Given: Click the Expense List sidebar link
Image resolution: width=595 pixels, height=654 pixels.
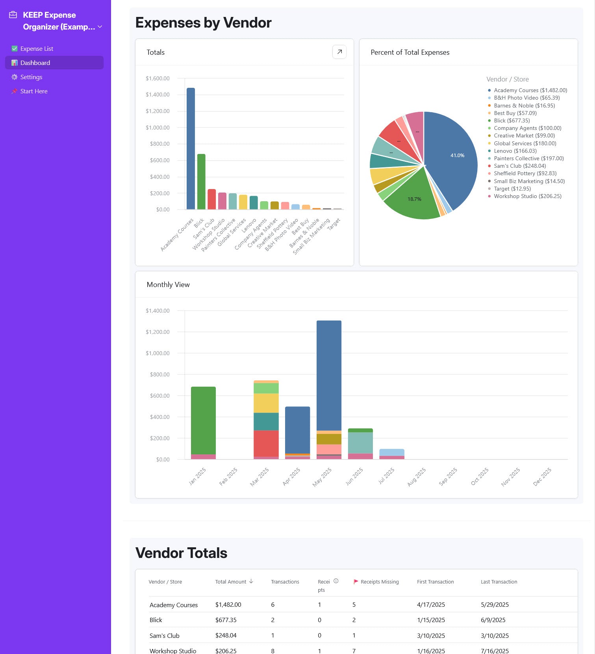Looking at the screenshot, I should [36, 49].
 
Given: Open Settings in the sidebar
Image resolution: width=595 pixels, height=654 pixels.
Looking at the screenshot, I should [31, 77].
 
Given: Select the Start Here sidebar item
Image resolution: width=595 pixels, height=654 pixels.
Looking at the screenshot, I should [34, 91].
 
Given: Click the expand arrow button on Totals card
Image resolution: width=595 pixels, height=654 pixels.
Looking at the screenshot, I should [339, 52].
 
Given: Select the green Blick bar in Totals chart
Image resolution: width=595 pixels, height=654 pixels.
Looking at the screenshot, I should [201, 182].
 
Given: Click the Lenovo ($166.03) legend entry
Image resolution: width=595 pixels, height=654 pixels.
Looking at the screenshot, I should [515, 151].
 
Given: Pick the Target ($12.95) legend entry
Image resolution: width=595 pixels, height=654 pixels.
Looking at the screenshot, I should [512, 189].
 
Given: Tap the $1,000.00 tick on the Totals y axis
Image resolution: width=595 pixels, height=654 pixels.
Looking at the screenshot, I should [158, 128].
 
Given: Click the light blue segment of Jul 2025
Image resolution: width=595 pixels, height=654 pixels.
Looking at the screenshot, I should [392, 452].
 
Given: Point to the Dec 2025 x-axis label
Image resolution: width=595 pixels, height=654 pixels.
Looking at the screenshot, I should [542, 476].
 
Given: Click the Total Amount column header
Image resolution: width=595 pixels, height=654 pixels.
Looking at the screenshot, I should [231, 582].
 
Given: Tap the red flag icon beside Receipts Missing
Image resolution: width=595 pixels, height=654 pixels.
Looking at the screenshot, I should [356, 582].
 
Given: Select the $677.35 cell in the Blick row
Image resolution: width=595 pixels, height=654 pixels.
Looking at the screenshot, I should [226, 620].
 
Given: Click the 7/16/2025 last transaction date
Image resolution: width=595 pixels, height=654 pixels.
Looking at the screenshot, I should [495, 651].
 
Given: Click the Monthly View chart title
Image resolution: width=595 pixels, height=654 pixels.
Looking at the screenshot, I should [168, 285].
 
